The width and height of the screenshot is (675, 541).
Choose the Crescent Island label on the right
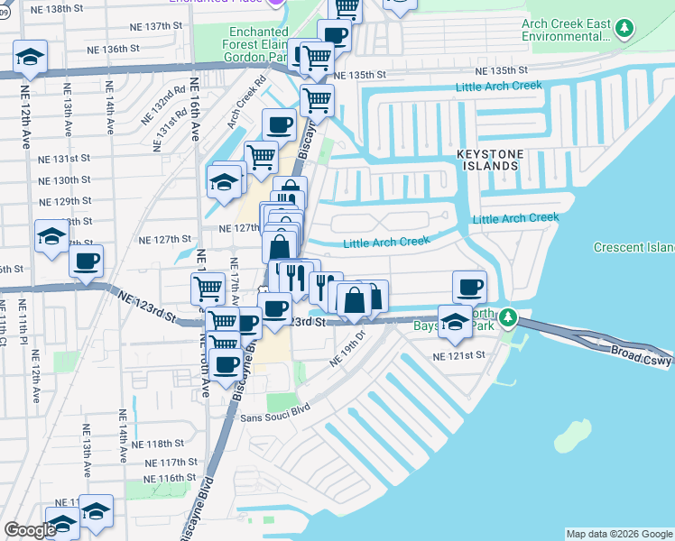pos(633,248)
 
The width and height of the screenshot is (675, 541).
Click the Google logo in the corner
pos(30,530)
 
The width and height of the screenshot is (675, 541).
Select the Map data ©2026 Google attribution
pos(618,534)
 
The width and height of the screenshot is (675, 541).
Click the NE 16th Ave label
pos(195,119)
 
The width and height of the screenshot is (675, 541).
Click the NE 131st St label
pos(64,159)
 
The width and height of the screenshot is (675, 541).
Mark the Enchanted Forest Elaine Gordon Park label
pos(254,43)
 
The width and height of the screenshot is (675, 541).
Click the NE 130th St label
pos(65,179)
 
